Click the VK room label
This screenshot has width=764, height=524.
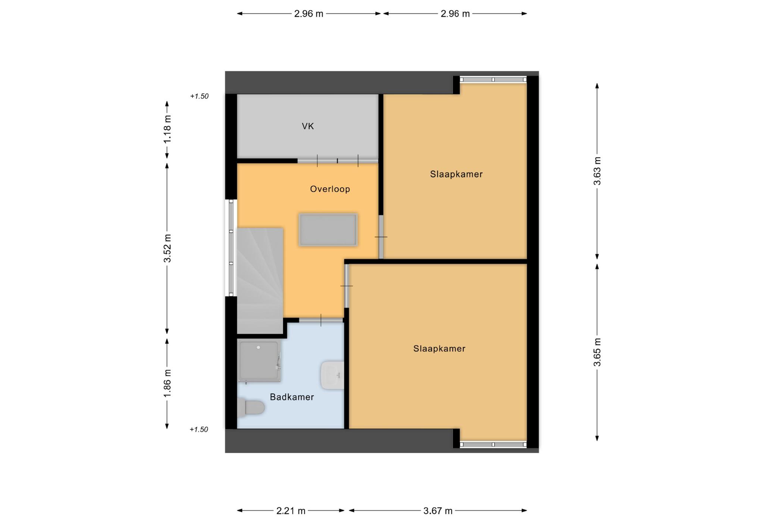[308, 127]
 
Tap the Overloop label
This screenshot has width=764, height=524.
[330, 189]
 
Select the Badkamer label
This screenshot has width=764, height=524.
[292, 397]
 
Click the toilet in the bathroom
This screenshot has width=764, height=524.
[251, 407]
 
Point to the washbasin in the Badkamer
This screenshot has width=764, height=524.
[332, 375]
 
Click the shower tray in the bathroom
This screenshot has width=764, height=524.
[259, 362]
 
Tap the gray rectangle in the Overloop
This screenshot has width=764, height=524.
[328, 230]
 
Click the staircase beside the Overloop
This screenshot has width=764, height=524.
[260, 281]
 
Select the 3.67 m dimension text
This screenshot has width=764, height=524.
[438, 511]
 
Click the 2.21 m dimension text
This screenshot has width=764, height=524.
[291, 511]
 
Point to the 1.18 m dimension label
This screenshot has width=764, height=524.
[167, 128]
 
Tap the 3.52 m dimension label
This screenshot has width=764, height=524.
[167, 248]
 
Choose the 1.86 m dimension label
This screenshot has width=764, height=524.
[167, 383]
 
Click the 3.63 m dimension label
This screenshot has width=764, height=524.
[597, 171]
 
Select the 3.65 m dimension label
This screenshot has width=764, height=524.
[597, 352]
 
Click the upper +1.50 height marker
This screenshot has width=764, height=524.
[199, 96]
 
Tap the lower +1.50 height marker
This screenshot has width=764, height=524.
[199, 430]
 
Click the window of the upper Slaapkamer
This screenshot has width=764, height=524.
[493, 79]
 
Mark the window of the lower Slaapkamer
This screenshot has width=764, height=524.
[493, 445]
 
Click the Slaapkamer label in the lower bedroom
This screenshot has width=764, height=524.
[439, 349]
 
